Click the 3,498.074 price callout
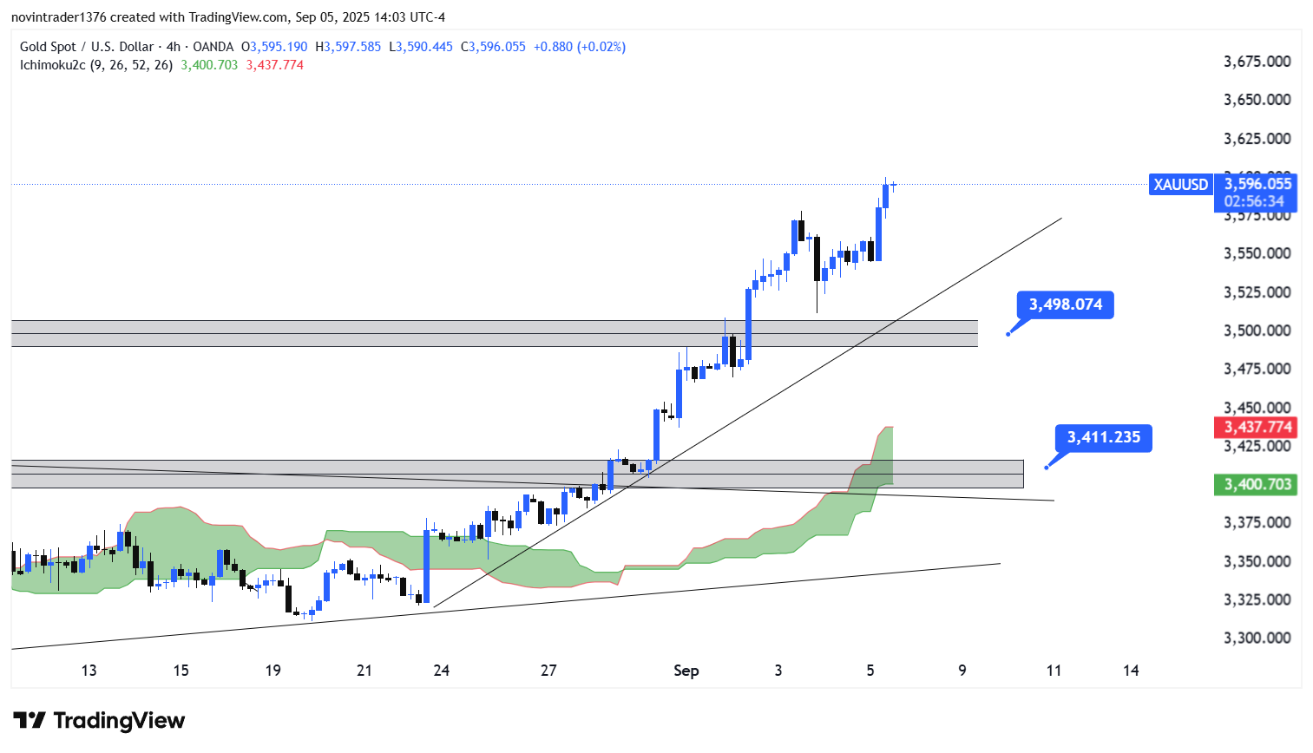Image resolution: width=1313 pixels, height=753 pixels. pyautogui.click(x=1065, y=304)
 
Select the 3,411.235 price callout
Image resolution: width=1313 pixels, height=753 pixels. pyautogui.click(x=1103, y=437)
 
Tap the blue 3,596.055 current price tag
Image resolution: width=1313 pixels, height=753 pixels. pyautogui.click(x=1257, y=184)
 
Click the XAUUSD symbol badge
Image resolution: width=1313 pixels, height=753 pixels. pyautogui.click(x=1180, y=185)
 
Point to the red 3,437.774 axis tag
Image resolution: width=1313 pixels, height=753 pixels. pyautogui.click(x=1257, y=427)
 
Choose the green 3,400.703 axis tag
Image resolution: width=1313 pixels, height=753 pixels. pyautogui.click(x=1257, y=484)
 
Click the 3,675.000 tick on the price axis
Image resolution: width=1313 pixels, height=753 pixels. pyautogui.click(x=1257, y=62)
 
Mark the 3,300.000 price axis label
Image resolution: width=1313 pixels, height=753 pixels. pyautogui.click(x=1257, y=638)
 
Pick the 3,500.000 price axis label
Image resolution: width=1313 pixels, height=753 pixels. pyautogui.click(x=1257, y=331)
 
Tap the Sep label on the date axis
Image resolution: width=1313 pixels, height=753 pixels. pyautogui.click(x=686, y=671)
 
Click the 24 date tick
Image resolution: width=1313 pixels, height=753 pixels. pyautogui.click(x=441, y=671)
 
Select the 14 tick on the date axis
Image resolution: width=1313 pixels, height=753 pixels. pyautogui.click(x=1131, y=671)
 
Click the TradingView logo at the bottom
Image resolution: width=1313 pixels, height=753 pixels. pyautogui.click(x=99, y=721)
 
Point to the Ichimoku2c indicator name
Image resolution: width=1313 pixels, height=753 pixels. pyautogui.click(x=53, y=65)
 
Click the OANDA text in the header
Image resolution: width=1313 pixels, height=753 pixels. pyautogui.click(x=213, y=47)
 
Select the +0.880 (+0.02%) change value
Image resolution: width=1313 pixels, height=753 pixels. pyautogui.click(x=579, y=47)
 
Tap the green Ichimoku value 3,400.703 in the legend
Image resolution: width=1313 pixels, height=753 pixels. pyautogui.click(x=209, y=65)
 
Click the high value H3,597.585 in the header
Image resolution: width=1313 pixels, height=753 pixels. pyautogui.click(x=348, y=47)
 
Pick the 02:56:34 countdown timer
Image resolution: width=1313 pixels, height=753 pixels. pyautogui.click(x=1254, y=201)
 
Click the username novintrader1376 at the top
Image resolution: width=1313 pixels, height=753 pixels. pyautogui.click(x=58, y=17)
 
